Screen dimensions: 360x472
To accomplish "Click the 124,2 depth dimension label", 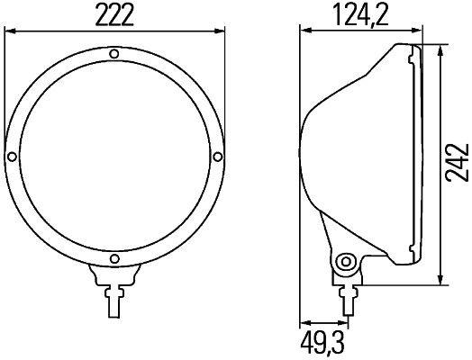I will coord(359,13).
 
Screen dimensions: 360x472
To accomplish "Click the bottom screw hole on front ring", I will coord(113,261).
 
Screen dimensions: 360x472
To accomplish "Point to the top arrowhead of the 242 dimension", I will coord(440,48).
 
